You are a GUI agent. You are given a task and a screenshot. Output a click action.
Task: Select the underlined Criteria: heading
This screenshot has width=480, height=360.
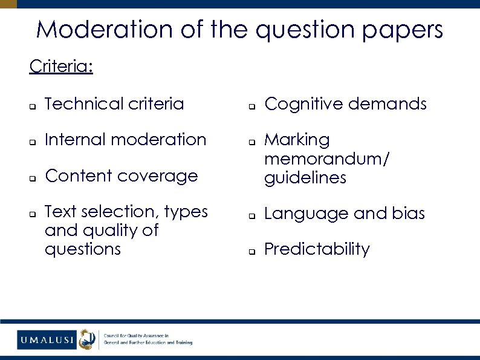tap(61, 66)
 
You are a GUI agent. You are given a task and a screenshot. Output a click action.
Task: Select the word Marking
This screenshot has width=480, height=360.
tap(297, 140)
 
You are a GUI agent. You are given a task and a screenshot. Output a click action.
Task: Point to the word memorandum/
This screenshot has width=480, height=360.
tap(327, 159)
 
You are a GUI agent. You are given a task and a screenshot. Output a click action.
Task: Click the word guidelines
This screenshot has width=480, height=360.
tap(305, 178)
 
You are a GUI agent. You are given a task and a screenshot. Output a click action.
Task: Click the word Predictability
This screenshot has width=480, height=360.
tap(317, 249)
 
